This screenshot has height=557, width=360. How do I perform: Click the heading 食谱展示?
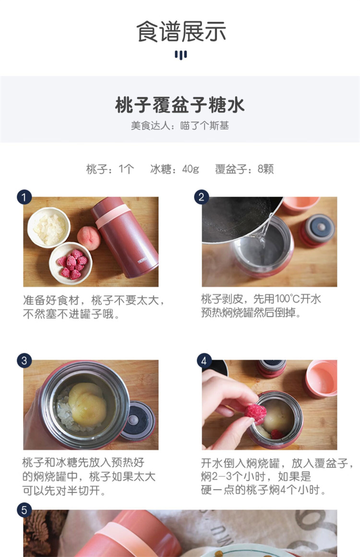point(181,32)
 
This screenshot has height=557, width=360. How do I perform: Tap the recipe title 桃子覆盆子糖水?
point(180,105)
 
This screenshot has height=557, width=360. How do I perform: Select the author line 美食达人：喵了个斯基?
point(180,126)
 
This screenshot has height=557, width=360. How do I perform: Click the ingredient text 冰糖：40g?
point(175,169)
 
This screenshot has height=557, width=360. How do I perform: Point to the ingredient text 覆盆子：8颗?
point(244,169)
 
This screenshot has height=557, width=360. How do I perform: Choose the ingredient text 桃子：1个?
point(110,169)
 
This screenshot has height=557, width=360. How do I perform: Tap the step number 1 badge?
point(24,197)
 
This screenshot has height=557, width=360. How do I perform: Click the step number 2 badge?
point(201,197)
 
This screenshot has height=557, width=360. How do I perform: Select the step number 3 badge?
point(24,361)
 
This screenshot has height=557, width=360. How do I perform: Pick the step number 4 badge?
point(204,361)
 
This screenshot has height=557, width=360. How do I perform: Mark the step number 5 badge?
point(24,510)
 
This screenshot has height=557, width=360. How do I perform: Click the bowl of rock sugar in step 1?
point(48,228)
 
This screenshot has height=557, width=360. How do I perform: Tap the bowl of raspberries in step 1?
point(71,263)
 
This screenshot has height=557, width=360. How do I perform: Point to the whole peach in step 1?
point(89,238)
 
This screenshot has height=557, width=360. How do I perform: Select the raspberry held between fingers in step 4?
point(255,413)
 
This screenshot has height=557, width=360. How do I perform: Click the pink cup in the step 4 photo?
point(321,379)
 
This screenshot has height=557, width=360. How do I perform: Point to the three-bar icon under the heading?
point(180,55)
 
